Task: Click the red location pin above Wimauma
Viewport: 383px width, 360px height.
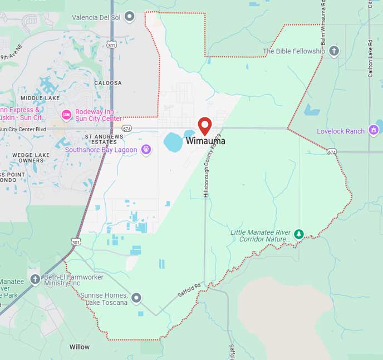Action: point(205,126)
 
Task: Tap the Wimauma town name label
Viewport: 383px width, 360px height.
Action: point(206,141)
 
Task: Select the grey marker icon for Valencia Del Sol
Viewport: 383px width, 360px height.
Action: point(130,17)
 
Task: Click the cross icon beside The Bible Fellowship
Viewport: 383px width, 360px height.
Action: point(333,51)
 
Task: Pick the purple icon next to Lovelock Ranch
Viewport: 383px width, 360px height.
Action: point(373,131)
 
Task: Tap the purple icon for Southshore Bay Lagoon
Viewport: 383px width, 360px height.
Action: point(146,150)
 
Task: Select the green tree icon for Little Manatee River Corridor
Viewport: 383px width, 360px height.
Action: point(299,234)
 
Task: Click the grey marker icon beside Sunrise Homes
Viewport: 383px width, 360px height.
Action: point(136,298)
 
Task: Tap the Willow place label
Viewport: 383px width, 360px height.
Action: point(79,347)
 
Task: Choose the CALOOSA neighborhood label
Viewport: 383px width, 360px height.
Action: point(108,83)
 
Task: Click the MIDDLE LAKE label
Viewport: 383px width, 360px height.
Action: point(40,98)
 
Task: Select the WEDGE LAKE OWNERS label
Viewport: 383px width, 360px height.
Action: point(31,157)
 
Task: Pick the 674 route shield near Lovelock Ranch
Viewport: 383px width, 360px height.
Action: point(332,151)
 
